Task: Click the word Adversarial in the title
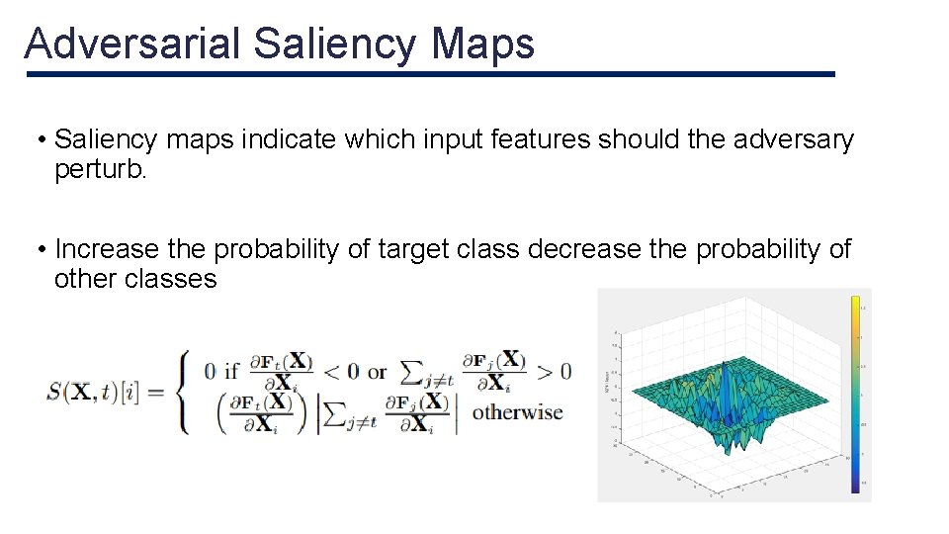[131, 44]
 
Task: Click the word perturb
[100, 169]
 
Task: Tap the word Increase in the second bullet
[107, 249]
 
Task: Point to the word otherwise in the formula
[517, 412]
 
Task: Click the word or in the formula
[377, 372]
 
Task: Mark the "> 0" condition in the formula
[554, 372]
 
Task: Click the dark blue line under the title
[430, 74]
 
